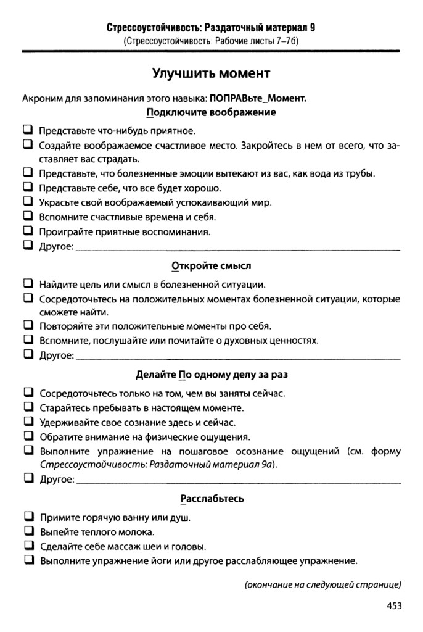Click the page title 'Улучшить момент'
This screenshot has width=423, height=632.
tap(212, 74)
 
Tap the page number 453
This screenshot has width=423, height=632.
tap(394, 606)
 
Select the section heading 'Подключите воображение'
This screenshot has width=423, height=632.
tap(211, 113)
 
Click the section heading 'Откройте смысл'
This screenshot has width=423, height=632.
tap(212, 267)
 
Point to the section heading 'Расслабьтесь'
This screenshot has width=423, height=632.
tap(212, 499)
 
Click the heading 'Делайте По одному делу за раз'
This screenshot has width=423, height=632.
tap(212, 375)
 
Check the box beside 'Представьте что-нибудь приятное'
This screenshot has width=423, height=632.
tap(28, 130)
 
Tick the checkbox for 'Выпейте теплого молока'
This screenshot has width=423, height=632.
tap(28, 531)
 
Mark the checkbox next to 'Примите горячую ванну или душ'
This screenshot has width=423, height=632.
tap(28, 516)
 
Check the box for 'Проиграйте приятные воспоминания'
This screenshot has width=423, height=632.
tap(28, 232)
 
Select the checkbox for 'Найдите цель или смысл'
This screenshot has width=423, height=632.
tap(28, 284)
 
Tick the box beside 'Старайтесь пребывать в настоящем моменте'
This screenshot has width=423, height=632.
tap(28, 407)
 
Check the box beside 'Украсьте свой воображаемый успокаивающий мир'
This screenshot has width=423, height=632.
tap(28, 202)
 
